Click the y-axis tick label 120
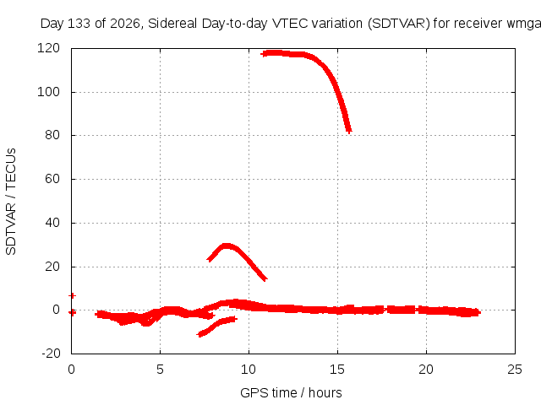48,48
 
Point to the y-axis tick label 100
48,92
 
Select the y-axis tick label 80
52,135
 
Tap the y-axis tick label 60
52,179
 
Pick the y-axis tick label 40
52,223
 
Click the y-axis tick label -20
51,354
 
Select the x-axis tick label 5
160,370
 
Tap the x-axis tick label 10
249,370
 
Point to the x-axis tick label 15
337,370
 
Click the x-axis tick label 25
515,370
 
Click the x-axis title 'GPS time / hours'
291,393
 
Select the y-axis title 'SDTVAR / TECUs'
11,202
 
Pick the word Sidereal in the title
172,24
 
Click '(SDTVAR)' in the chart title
398,24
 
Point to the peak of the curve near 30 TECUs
227,246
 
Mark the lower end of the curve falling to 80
349,130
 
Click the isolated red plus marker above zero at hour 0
72,295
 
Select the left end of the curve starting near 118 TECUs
264,54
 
